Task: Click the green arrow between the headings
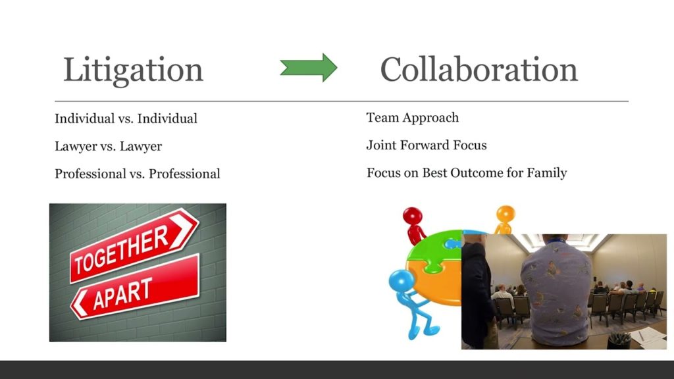click(309, 68)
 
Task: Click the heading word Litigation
click(133, 70)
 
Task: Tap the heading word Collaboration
click(479, 69)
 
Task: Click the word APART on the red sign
click(122, 293)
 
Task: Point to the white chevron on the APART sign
click(80, 303)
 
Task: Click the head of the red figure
click(412, 216)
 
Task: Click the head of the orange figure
click(505, 213)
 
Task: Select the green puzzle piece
click(432, 251)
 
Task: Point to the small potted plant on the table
click(619, 340)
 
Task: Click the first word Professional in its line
click(90, 174)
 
